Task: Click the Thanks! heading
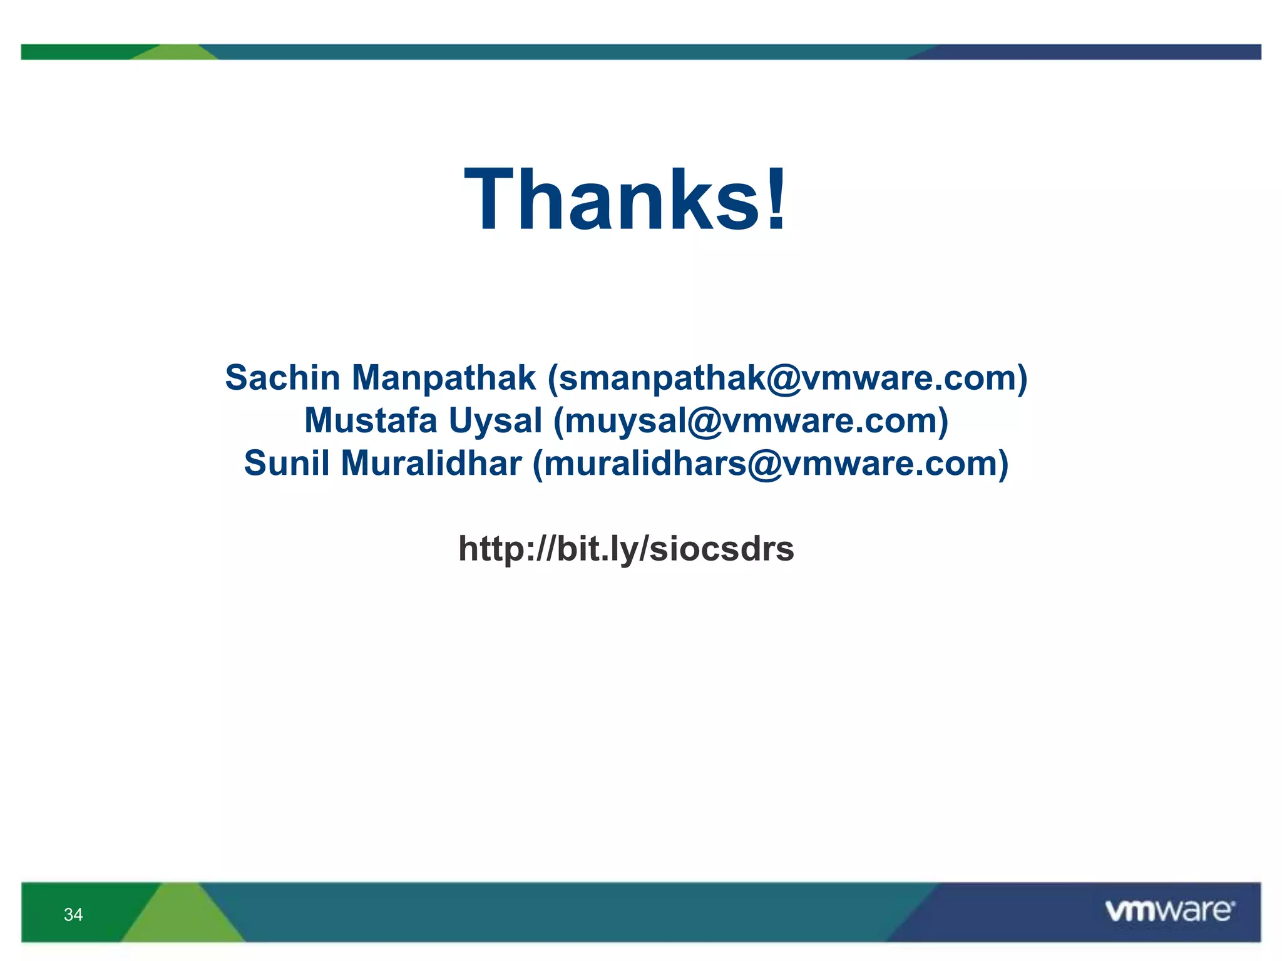click(x=625, y=200)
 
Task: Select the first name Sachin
click(x=282, y=378)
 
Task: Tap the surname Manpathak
click(x=443, y=378)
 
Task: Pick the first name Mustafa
click(x=371, y=420)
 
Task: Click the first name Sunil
click(x=286, y=464)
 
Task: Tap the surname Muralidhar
click(x=431, y=464)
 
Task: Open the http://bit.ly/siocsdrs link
click(x=626, y=549)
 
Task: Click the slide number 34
click(x=73, y=915)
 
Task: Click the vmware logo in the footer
click(x=1169, y=911)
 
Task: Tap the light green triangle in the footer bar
click(x=182, y=917)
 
